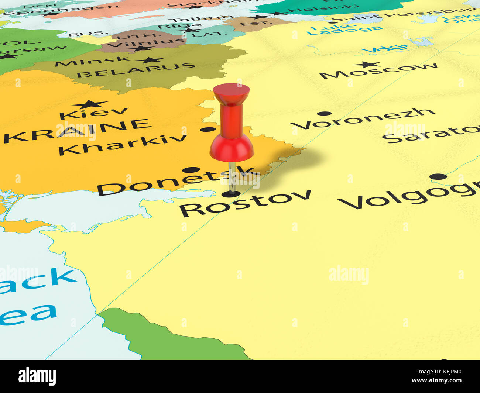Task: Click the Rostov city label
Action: click(245, 203)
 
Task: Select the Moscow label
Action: click(378, 71)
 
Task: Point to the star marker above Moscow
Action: click(366, 64)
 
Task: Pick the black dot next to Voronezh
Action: click(324, 114)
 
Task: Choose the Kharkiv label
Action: click(123, 144)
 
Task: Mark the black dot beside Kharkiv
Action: click(207, 130)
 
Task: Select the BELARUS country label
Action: click(136, 70)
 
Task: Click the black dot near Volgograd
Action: click(438, 176)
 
